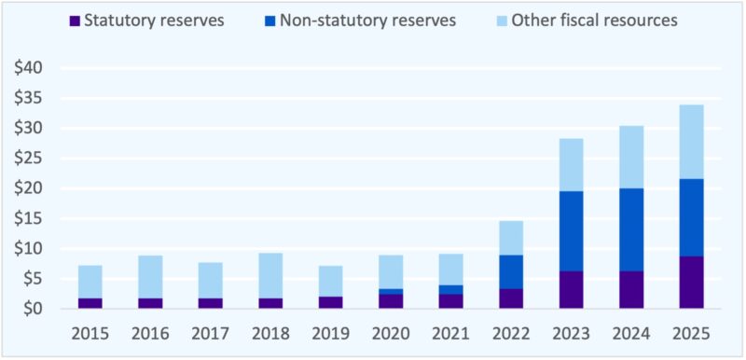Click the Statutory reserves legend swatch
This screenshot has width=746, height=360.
pos(75,20)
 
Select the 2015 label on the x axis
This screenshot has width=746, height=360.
pos(90,334)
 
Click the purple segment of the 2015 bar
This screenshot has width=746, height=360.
pos(90,303)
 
